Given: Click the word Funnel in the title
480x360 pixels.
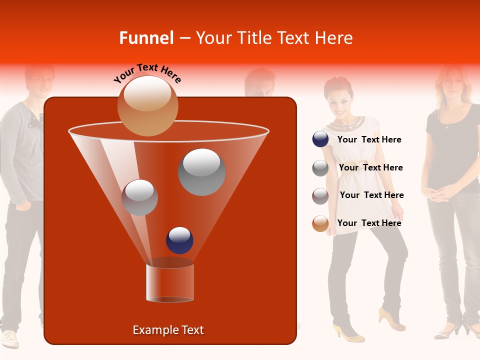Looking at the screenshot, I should click(x=146, y=38).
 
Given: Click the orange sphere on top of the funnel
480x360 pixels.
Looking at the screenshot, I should click(x=147, y=105).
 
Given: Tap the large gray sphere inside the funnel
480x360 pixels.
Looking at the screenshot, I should click(x=201, y=172).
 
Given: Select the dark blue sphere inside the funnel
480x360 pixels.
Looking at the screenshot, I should click(x=179, y=240).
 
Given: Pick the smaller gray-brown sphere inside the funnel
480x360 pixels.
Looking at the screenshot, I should click(x=139, y=197).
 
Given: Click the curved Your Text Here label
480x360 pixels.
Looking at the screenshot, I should click(x=147, y=73).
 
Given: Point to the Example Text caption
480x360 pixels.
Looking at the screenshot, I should click(x=168, y=330).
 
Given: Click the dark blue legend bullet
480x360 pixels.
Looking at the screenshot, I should click(x=320, y=139).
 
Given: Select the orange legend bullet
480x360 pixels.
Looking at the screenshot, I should click(x=320, y=223).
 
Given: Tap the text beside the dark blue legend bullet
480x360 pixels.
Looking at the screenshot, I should click(x=369, y=140).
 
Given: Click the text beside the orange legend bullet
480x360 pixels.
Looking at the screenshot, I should click(x=369, y=223).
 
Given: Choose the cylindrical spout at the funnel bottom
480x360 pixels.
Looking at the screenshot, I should click(x=170, y=282).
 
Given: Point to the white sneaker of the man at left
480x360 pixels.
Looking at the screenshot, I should click(x=10, y=338).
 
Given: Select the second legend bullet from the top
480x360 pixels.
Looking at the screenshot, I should click(x=320, y=168).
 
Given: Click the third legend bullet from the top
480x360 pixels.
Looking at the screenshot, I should click(x=320, y=196).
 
